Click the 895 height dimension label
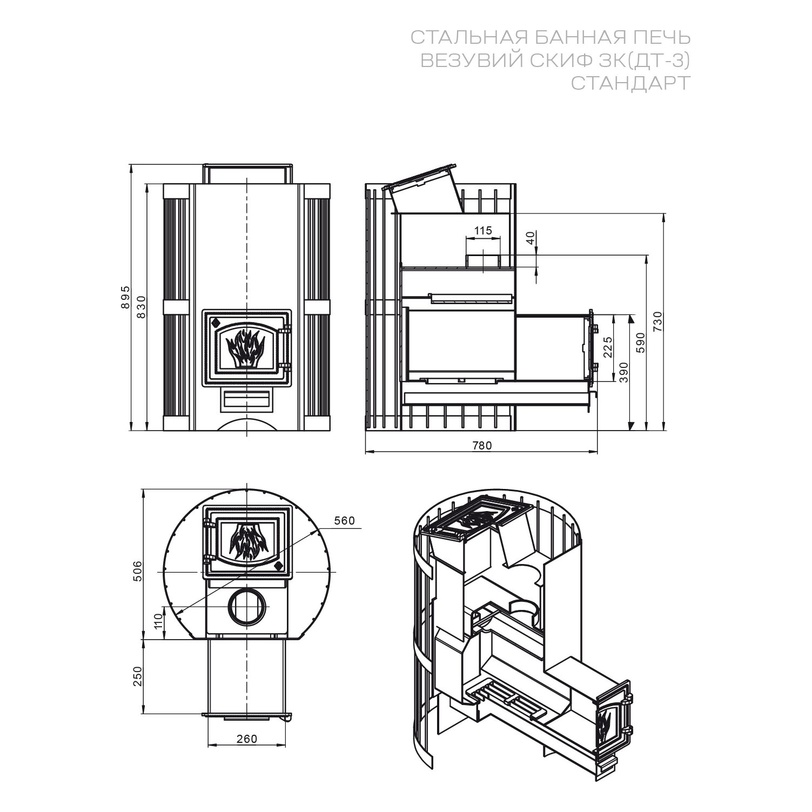click(x=125, y=297)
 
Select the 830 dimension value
click(x=141, y=306)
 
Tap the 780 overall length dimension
click(x=482, y=445)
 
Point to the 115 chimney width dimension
click(x=482, y=231)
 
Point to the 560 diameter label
click(x=344, y=520)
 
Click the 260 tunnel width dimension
click(x=247, y=739)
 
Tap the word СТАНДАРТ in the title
click(x=630, y=83)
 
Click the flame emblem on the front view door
click(x=246, y=347)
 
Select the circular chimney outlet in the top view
click(x=247, y=606)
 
